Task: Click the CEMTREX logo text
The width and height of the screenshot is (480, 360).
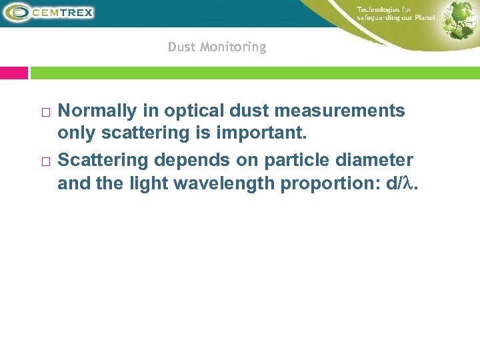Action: [64, 12]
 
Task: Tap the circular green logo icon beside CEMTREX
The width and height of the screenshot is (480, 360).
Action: [18, 12]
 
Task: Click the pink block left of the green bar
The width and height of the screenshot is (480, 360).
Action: [14, 73]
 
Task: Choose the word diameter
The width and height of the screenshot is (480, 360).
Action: [377, 161]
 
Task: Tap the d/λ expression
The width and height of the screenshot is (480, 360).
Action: [401, 183]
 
